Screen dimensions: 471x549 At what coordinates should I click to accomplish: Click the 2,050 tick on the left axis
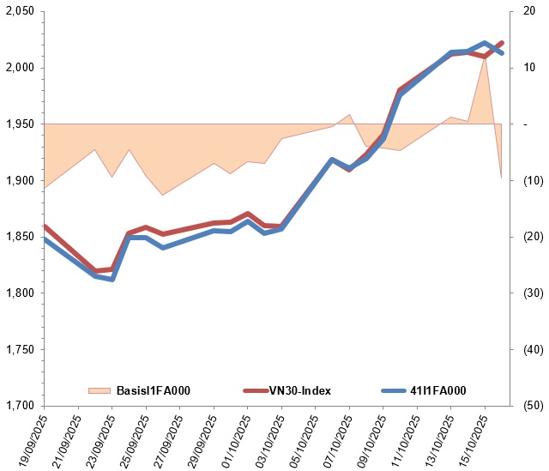[20, 11]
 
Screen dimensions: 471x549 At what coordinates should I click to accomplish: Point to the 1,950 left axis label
[20, 124]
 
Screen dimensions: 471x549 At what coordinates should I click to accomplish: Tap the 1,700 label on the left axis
[20, 406]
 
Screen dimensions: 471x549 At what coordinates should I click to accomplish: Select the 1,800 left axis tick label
[20, 293]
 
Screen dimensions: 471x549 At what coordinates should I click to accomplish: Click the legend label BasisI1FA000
[152, 391]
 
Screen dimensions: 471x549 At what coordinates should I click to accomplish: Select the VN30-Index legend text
[300, 391]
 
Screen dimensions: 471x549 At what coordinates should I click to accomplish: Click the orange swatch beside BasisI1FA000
[100, 391]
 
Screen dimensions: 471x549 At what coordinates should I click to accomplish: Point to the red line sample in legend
[255, 391]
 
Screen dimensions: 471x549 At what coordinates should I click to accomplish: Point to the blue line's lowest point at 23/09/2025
[112, 280]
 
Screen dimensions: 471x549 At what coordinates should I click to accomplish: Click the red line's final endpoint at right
[502, 42]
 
